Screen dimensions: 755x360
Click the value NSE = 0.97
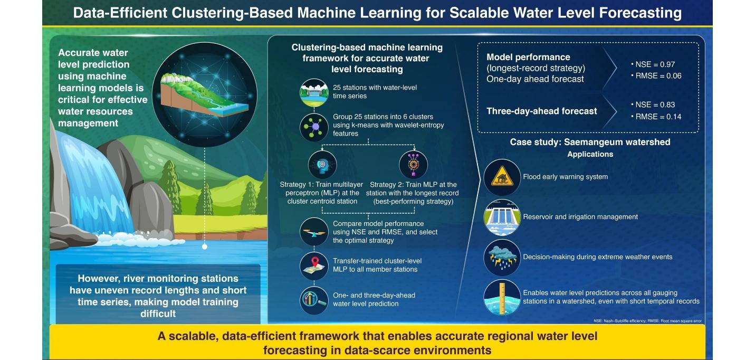655,64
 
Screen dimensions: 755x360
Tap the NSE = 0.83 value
655,105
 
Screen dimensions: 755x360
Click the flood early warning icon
502,177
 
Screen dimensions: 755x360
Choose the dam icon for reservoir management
502,217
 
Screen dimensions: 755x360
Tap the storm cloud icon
502,257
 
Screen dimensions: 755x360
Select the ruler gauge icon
502,298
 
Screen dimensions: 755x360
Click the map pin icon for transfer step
314,266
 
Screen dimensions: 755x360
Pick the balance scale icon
314,232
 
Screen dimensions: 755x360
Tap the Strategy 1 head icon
322,165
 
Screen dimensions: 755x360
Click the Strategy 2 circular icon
413,165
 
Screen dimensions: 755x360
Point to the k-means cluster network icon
314,127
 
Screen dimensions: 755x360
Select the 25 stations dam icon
314,93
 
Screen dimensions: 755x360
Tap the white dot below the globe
205,247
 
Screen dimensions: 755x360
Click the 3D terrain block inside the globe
204,94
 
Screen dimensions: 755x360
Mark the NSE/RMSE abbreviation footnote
647,321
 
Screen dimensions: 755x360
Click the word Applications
590,154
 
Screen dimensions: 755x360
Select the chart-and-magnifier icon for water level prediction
314,300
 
